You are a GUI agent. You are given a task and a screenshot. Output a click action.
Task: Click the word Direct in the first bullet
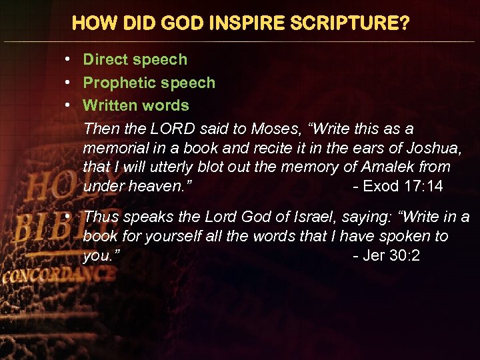pos(105,59)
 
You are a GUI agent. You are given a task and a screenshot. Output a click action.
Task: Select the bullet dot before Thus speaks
pos(71,217)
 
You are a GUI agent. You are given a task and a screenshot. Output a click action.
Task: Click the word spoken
pos(403,236)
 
